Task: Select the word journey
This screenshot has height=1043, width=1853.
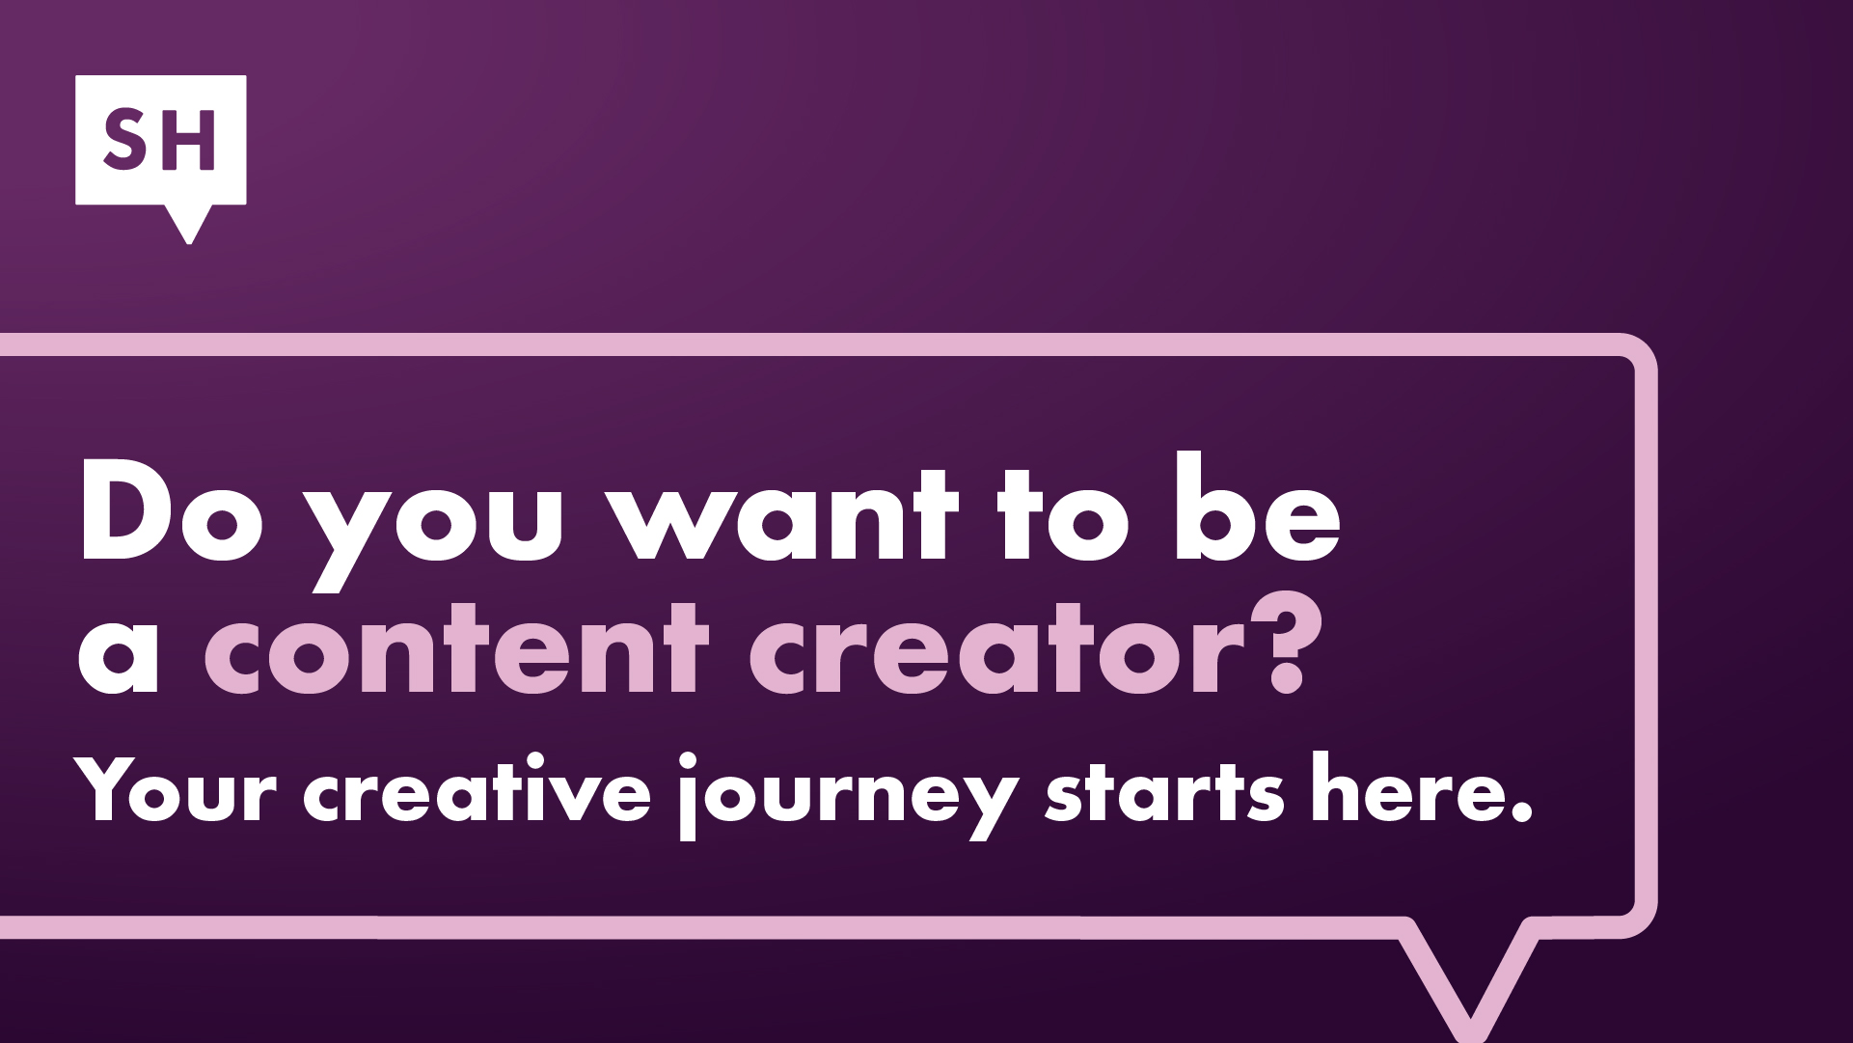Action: pyautogui.click(x=849, y=796)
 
